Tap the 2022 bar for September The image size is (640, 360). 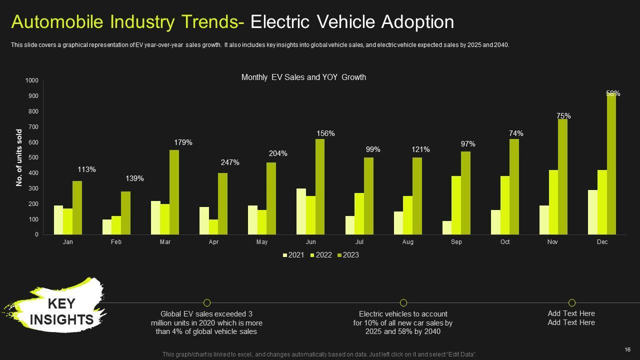coord(456,205)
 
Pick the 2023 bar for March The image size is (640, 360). coord(174,192)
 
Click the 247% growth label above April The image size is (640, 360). coord(230,162)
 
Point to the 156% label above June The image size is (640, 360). coord(325,133)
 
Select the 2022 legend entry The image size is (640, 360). coord(321,255)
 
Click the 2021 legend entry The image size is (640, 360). coord(293,255)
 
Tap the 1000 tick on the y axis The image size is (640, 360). coord(31,80)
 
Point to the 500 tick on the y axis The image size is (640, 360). coord(32,157)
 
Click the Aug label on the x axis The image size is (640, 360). coord(408,242)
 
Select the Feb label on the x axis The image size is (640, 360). coord(116,242)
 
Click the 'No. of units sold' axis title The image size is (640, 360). coord(19,157)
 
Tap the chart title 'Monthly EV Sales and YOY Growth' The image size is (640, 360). coord(303,77)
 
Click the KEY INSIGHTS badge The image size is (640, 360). coord(61,311)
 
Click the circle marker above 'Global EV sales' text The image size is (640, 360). coord(207,302)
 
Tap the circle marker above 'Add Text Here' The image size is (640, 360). coord(572,302)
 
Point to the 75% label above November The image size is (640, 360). coord(563,116)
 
